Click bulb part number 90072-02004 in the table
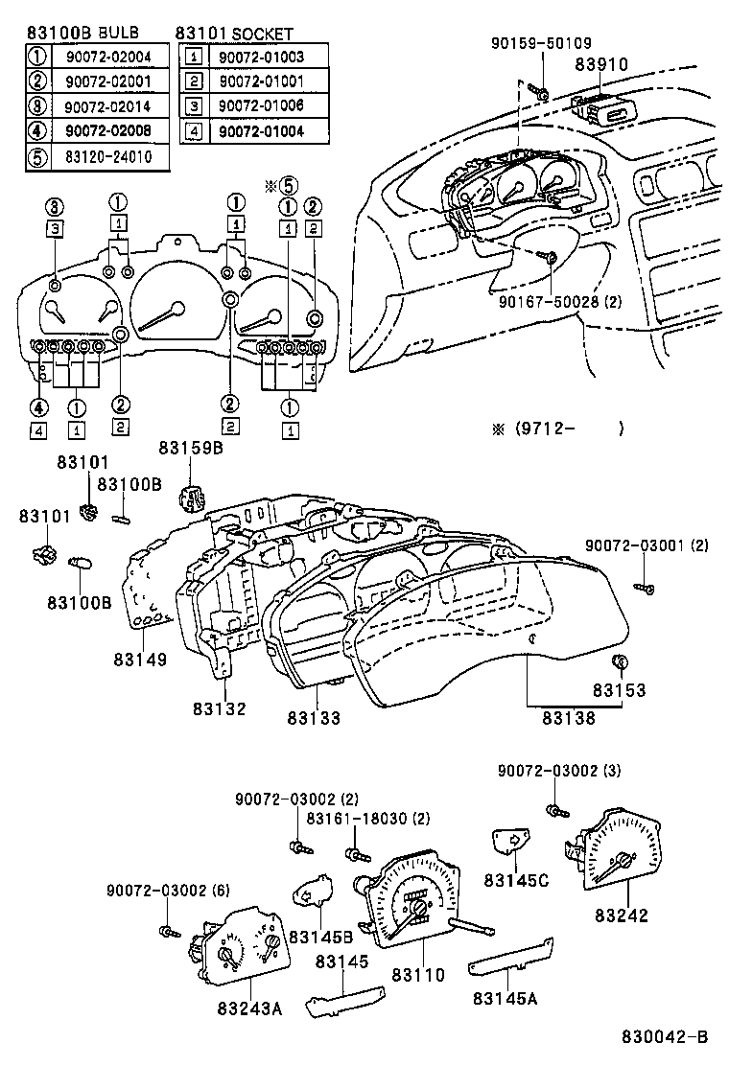coord(108,56)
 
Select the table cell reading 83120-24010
coord(108,155)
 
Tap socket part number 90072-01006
coord(260,105)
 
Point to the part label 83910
coord(600,64)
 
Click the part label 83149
coord(140,660)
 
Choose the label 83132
coord(219,708)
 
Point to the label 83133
coord(314,717)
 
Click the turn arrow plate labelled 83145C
coord(512,841)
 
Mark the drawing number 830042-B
coord(664,1037)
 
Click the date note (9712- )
coord(557,429)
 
